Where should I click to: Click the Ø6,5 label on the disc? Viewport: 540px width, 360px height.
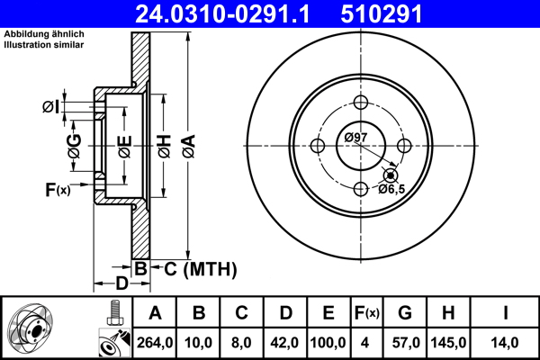click(392, 189)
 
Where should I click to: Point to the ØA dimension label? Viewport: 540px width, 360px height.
click(187, 144)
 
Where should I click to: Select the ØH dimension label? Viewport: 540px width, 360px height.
click(164, 144)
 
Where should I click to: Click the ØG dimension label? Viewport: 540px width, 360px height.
click(75, 144)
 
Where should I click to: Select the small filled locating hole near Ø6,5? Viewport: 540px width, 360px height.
click(390, 175)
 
